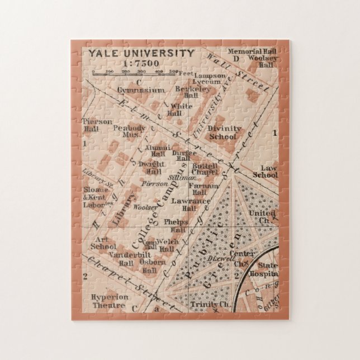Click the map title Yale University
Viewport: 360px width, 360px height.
click(140, 54)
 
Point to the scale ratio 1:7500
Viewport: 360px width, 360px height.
click(140, 63)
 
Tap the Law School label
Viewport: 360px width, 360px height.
click(265, 172)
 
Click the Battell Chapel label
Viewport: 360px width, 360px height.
click(204, 169)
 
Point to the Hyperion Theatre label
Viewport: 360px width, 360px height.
click(110, 301)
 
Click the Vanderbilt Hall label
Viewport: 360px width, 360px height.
click(121, 259)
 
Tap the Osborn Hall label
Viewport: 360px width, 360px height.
click(153, 266)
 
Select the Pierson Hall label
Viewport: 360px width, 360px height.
click(97, 125)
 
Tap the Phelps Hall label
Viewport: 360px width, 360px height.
click(176, 225)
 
